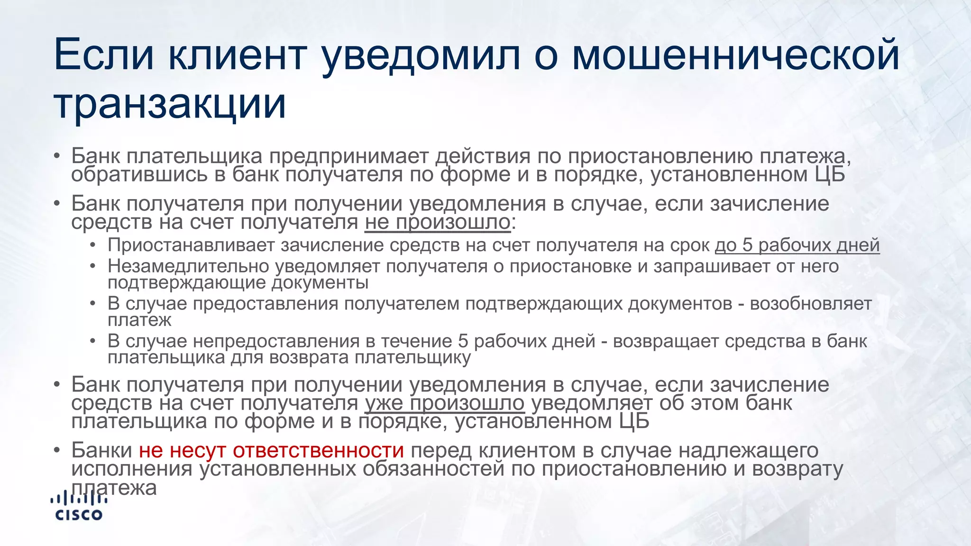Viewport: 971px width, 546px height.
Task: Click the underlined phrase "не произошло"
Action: click(x=437, y=222)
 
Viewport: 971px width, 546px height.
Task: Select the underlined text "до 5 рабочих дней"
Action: click(x=797, y=245)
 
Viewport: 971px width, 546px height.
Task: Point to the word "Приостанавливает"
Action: click(x=192, y=245)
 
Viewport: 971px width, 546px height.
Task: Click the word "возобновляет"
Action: click(x=811, y=303)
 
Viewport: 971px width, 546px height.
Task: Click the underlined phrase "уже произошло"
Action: click(x=445, y=403)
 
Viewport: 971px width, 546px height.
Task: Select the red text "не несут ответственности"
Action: click(x=271, y=450)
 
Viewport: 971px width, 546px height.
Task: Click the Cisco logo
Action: click(x=79, y=506)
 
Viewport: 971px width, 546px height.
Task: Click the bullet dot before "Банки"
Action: click(x=57, y=450)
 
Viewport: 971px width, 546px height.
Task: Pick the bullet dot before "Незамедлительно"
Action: click(x=93, y=266)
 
